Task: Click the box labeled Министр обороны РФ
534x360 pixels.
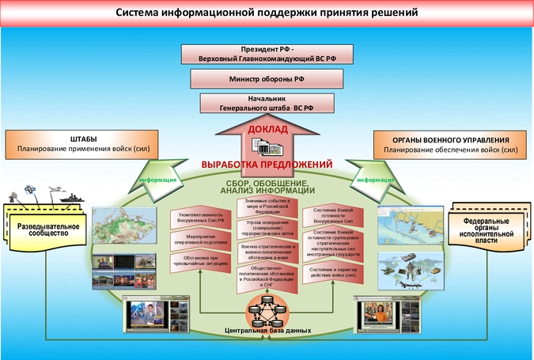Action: [266, 78]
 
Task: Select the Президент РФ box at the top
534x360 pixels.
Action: [266, 53]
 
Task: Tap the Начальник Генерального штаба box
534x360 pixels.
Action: [266, 104]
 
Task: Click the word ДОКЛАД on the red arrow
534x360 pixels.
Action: [267, 129]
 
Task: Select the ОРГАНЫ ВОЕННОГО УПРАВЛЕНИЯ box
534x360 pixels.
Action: [450, 143]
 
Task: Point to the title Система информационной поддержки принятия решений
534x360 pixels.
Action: [267, 13]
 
